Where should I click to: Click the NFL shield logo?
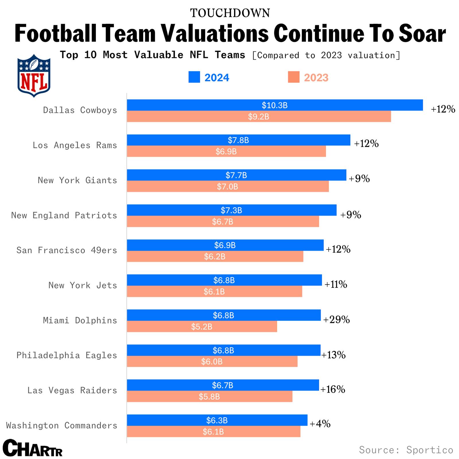click(x=34, y=76)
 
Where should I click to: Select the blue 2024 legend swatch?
click(x=194, y=77)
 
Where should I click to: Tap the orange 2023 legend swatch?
click(x=293, y=77)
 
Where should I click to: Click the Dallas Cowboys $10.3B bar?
click(x=275, y=105)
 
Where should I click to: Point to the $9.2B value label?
click(x=258, y=117)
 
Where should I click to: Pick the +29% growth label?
click(x=337, y=319)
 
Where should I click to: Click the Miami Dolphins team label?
click(x=80, y=320)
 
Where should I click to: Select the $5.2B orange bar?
click(x=202, y=326)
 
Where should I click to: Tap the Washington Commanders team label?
click(x=62, y=425)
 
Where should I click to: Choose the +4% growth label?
click(x=320, y=423)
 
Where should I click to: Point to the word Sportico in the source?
click(x=429, y=450)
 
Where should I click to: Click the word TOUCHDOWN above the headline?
click(x=230, y=13)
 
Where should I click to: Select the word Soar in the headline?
click(x=422, y=34)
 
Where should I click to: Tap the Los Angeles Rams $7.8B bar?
click(x=238, y=140)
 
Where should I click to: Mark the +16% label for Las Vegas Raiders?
click(x=332, y=389)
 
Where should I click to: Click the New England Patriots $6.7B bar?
click(x=223, y=221)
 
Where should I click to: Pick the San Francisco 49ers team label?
click(x=67, y=250)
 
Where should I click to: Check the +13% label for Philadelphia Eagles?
click(x=333, y=355)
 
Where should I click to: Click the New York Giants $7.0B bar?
click(x=227, y=186)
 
